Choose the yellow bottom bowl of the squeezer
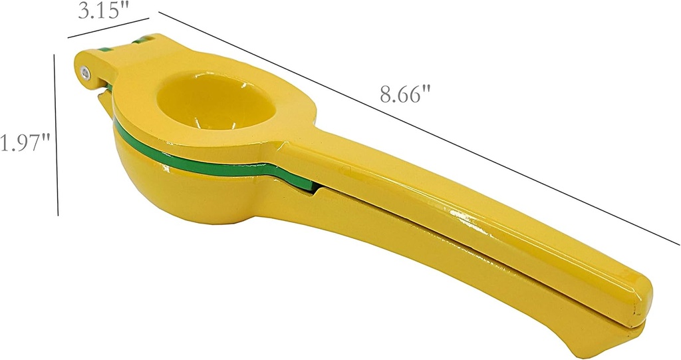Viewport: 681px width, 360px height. [180, 193]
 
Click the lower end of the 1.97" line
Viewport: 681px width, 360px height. [59, 214]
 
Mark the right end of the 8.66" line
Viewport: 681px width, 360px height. [678, 244]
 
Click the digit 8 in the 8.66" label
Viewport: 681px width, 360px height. [385, 94]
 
